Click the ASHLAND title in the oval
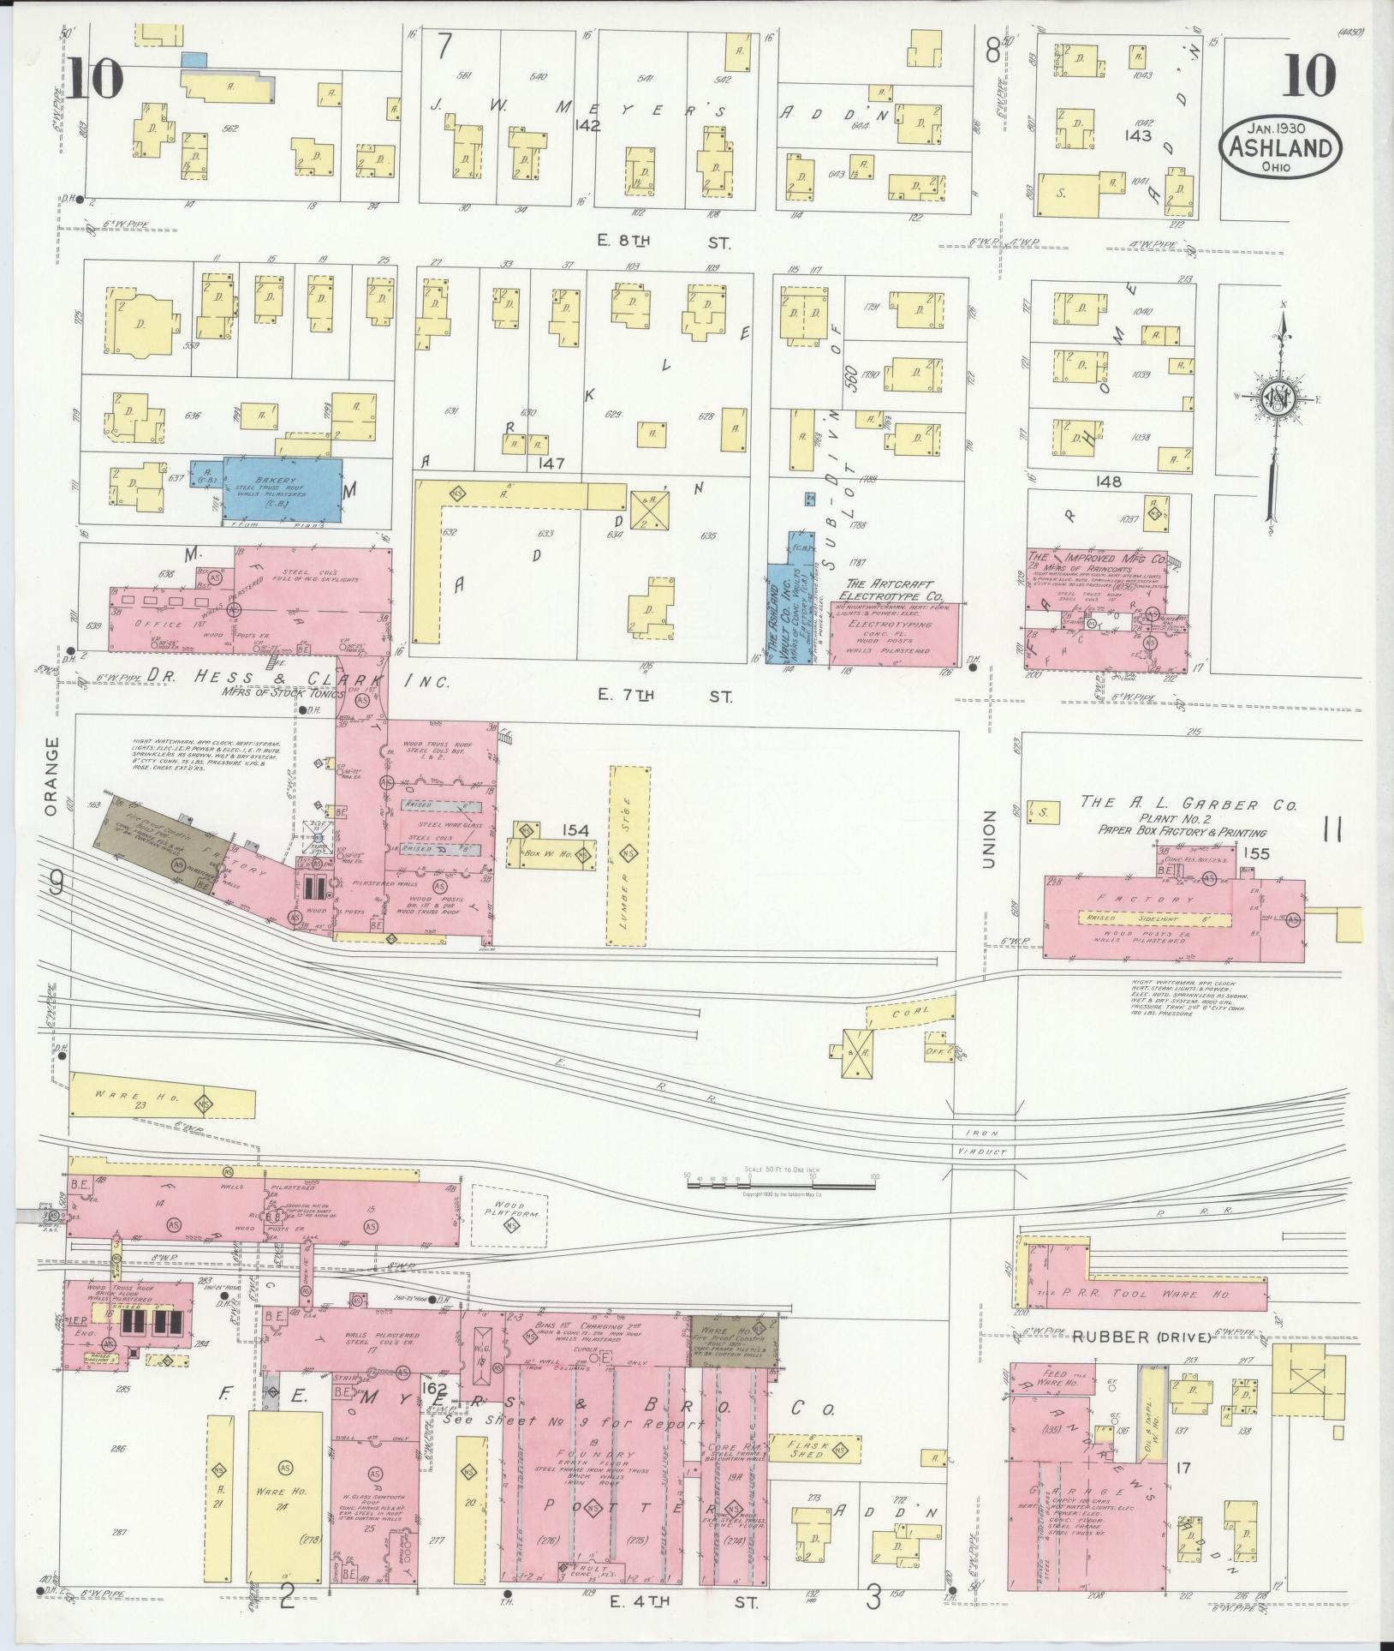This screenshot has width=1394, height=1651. point(1280,148)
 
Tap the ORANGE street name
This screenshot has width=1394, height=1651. point(51,775)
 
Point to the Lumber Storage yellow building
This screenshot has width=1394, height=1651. point(629,856)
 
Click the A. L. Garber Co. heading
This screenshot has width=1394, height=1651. point(1188,805)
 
